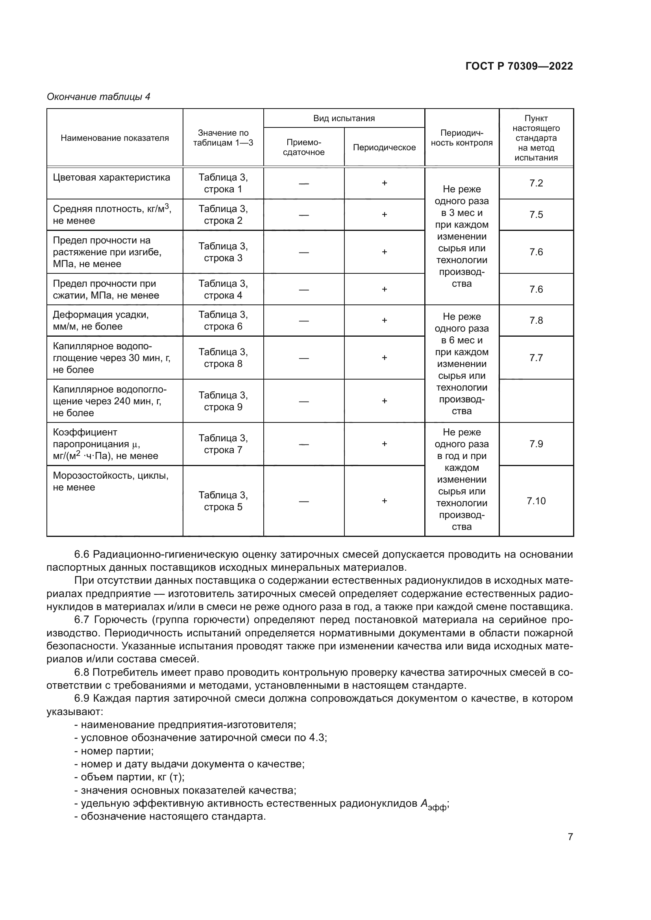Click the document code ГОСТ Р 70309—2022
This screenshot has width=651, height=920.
519,66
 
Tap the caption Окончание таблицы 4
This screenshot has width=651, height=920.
98,97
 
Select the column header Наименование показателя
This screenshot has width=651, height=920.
115,138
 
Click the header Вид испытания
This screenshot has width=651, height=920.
344,118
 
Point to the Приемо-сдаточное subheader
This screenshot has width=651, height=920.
303,147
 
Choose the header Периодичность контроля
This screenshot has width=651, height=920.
461,138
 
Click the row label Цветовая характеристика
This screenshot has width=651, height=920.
111,177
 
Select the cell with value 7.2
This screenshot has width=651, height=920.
536,183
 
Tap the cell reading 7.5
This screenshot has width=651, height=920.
536,214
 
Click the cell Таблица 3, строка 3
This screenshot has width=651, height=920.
223,252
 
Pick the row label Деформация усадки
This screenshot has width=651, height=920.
101,315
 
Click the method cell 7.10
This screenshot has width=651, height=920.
536,501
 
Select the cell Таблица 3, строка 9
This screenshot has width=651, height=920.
223,401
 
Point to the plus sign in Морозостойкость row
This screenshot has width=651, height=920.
384,501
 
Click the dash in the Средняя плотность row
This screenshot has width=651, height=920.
303,215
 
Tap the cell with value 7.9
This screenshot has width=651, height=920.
536,444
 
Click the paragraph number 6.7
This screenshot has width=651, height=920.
81,620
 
